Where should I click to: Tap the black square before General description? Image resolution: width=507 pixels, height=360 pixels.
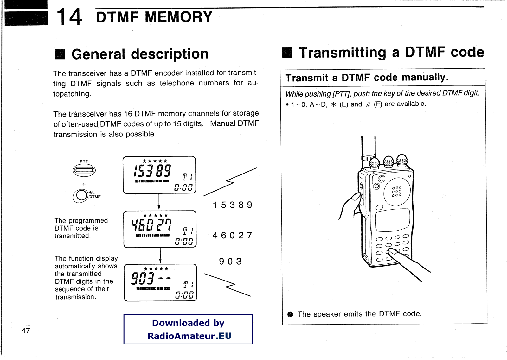click(60, 54)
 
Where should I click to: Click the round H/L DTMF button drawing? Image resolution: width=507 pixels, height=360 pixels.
click(81, 196)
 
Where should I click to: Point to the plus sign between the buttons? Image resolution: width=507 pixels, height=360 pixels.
click(84, 185)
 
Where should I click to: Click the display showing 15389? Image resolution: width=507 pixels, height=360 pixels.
click(159, 175)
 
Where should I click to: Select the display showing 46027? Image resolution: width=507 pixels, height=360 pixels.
click(160, 229)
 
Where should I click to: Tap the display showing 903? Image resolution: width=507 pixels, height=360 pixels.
click(160, 282)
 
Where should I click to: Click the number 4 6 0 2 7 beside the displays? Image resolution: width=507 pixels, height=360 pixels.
click(232, 236)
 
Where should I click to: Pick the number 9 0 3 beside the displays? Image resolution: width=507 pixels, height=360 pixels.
click(230, 262)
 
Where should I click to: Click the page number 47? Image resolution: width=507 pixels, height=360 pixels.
click(26, 331)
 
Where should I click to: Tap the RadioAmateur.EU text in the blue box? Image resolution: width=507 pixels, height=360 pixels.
click(189, 336)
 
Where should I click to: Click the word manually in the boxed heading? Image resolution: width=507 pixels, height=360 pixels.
click(425, 77)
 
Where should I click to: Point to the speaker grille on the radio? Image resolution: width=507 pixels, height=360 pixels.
click(397, 191)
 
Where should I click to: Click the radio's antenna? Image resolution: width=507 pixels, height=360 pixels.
click(369, 147)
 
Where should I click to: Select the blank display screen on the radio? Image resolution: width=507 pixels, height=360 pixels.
click(392, 220)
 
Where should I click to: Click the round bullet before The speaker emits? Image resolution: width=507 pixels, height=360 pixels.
click(290, 314)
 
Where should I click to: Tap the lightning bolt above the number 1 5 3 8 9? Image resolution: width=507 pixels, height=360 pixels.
click(230, 182)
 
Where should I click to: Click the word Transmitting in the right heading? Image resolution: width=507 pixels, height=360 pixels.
click(342, 53)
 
